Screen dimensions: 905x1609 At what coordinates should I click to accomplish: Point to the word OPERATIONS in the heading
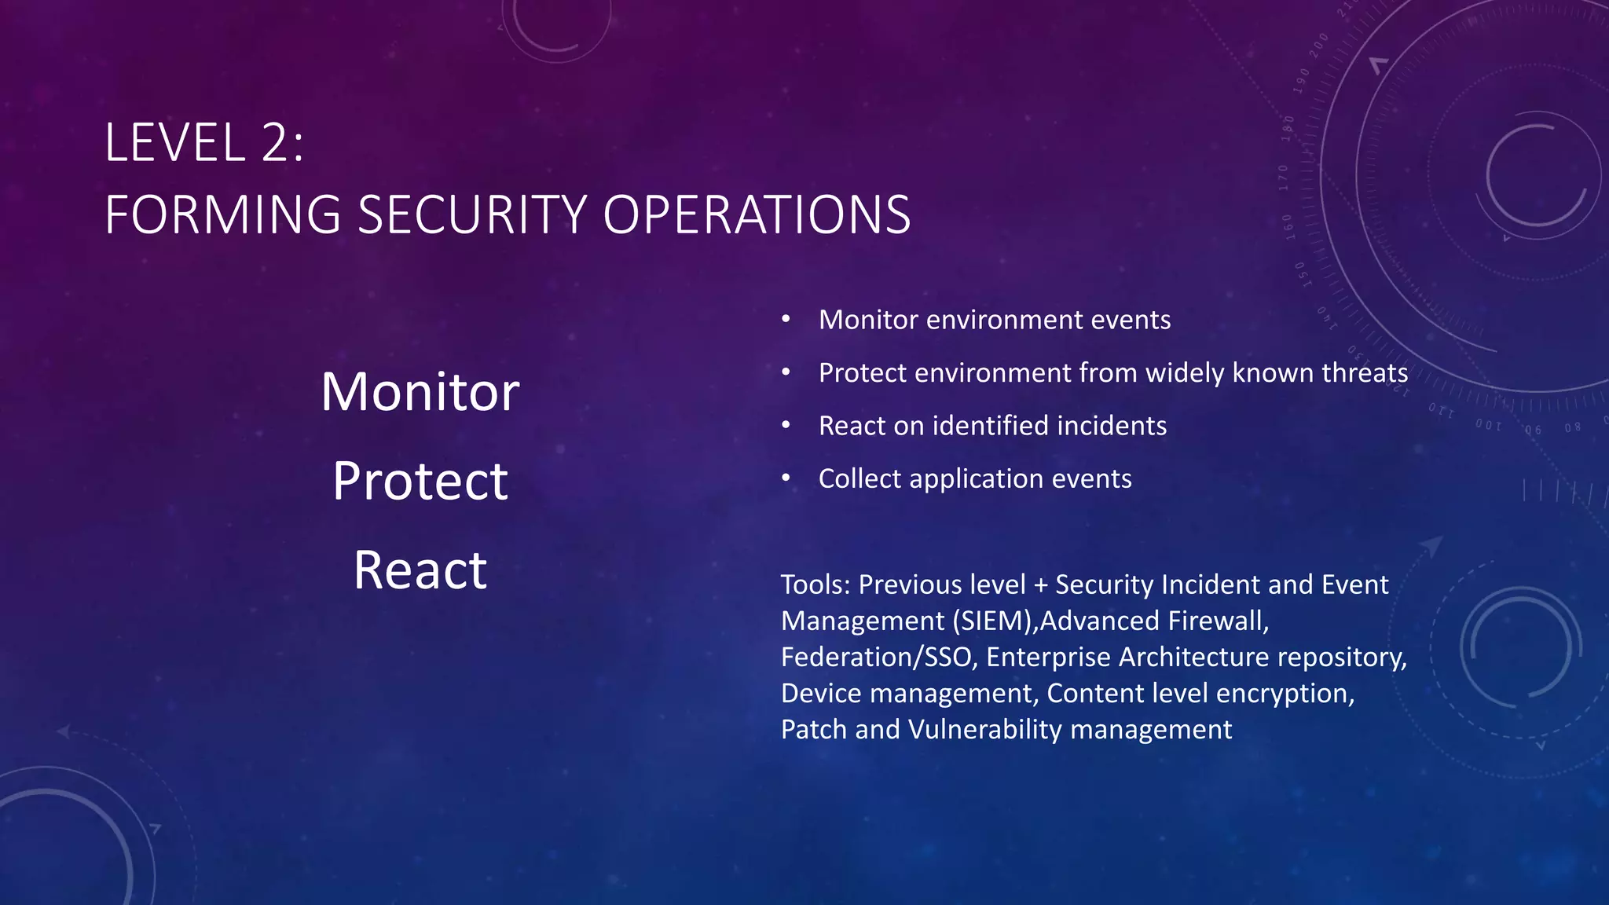coord(757,214)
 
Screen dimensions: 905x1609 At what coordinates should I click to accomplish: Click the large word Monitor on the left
coord(420,391)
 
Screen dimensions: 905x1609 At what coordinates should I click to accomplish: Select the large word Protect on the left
coord(420,481)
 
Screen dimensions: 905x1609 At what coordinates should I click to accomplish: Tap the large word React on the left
coord(420,570)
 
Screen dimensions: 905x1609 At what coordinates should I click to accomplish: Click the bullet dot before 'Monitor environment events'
coord(786,319)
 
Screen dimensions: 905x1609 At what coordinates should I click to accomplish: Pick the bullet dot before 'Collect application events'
coord(786,478)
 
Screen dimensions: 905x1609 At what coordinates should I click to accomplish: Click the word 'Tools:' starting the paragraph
coord(815,584)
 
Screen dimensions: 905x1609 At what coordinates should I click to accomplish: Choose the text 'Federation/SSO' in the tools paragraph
coord(879,657)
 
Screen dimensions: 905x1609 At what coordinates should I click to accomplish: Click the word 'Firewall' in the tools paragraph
coord(1217,621)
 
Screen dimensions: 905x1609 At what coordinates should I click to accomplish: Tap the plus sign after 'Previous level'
coord(1041,585)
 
